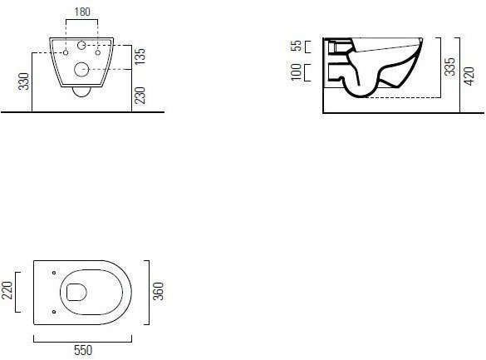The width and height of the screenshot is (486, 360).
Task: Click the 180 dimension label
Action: (x=82, y=12)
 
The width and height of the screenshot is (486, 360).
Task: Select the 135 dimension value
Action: (x=140, y=57)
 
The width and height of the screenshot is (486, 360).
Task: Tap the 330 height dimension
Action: (x=23, y=81)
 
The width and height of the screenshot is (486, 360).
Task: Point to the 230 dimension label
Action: (x=140, y=96)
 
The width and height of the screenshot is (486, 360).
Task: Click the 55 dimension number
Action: (x=297, y=46)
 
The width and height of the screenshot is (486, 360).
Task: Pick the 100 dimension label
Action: (x=297, y=72)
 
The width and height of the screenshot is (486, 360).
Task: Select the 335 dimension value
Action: (x=449, y=67)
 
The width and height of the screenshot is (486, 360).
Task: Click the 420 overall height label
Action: (x=469, y=76)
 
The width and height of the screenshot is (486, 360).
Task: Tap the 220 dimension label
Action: (x=7, y=290)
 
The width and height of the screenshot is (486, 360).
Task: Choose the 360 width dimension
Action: (x=159, y=291)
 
